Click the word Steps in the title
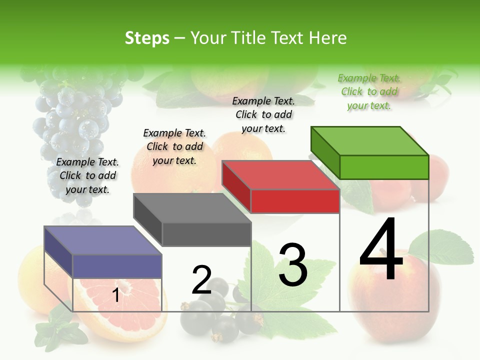point(147,38)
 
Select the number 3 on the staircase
point(293,265)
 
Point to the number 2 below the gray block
point(201,280)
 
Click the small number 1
point(115,295)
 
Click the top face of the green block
point(369,141)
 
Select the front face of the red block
point(295,201)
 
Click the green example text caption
point(369,91)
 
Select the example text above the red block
point(263,114)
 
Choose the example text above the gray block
point(174,146)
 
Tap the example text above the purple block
point(87,175)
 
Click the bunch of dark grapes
point(75,120)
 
